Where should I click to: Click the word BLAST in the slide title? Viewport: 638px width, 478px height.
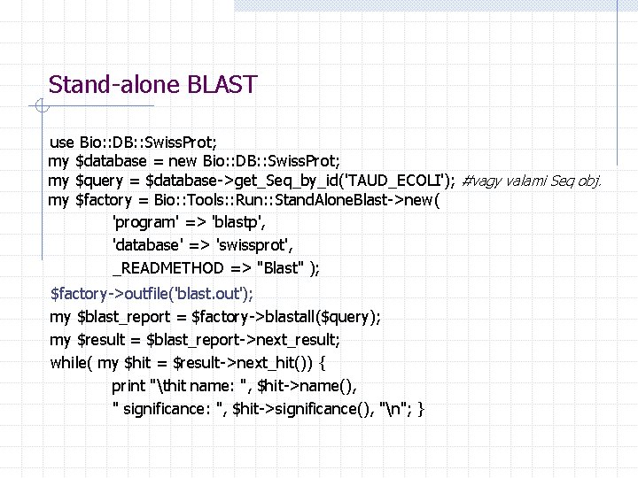tap(222, 85)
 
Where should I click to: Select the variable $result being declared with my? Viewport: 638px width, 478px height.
tap(105, 340)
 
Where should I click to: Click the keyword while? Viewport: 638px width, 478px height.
tap(69, 363)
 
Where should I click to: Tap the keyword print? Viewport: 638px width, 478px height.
tap(129, 386)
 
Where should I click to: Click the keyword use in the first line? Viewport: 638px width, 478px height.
tap(62, 142)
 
